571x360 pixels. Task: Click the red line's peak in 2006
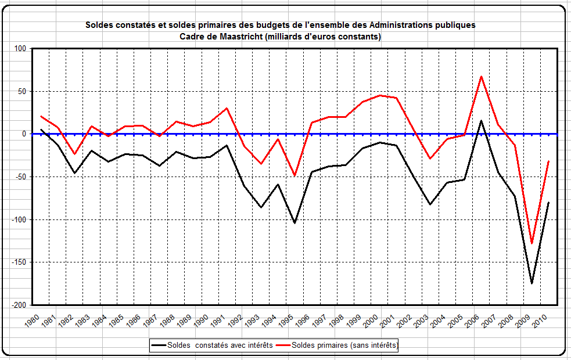[x=481, y=76]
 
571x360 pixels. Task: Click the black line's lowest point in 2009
[x=532, y=283]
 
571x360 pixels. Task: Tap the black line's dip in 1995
[x=295, y=223]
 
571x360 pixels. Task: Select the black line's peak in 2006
[x=481, y=121]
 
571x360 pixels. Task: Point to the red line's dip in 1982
[x=74, y=154]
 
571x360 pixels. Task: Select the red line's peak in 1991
[x=227, y=108]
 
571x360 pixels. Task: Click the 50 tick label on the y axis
[x=23, y=92]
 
